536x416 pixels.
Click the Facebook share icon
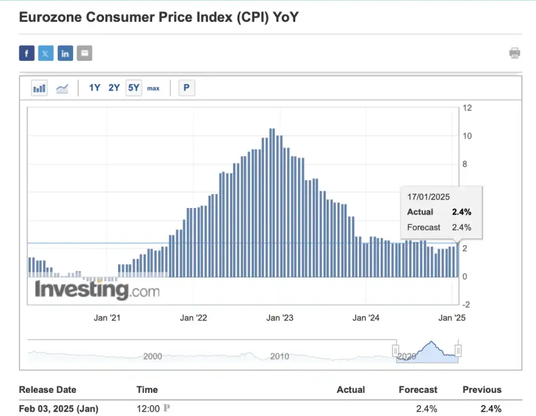(26, 53)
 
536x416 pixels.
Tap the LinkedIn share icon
(65, 53)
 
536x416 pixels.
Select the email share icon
(84, 53)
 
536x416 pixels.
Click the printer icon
(514, 53)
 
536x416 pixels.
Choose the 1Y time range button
(94, 88)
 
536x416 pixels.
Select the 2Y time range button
(114, 88)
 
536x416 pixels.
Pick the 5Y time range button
(134, 88)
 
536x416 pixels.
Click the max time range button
(153, 88)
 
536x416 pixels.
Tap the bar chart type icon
(39, 88)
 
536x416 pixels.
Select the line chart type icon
(62, 88)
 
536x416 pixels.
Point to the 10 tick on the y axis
(467, 136)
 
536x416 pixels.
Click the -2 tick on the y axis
(467, 304)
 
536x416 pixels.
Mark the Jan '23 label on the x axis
(280, 318)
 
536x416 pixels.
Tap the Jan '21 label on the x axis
(107, 318)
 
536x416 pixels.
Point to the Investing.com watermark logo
(97, 290)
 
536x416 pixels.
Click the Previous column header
(481, 390)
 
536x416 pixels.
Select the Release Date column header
(48, 390)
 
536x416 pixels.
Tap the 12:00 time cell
(148, 408)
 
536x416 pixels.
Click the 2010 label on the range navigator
(279, 356)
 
